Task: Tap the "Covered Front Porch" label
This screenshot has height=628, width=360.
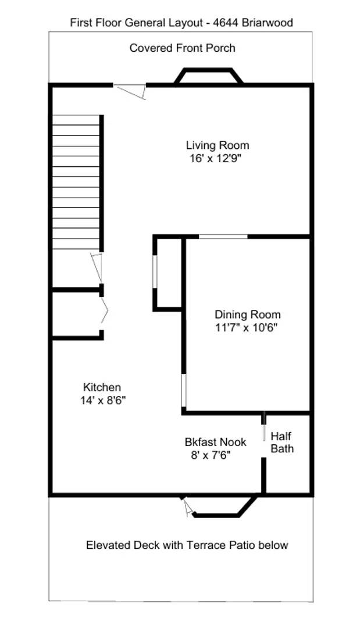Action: pos(183,48)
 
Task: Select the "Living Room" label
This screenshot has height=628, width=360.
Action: pos(217,145)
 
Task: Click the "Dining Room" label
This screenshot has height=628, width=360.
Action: pos(247,315)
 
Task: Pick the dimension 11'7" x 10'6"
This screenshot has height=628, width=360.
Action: pos(246,327)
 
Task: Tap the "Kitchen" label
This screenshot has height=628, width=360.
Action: pos(102,387)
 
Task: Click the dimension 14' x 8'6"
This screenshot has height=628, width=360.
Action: pos(103,400)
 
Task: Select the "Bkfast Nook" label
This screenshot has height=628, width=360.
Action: pos(215,442)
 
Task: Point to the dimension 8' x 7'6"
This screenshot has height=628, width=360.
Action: pos(211,455)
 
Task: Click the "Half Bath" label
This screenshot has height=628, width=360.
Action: pos(282,443)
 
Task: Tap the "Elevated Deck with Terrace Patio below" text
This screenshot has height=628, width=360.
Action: pos(187,545)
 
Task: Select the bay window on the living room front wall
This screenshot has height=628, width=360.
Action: pos(209,76)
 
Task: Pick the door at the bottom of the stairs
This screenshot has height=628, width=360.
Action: pos(97,267)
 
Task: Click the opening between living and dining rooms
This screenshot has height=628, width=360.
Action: pos(223,236)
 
